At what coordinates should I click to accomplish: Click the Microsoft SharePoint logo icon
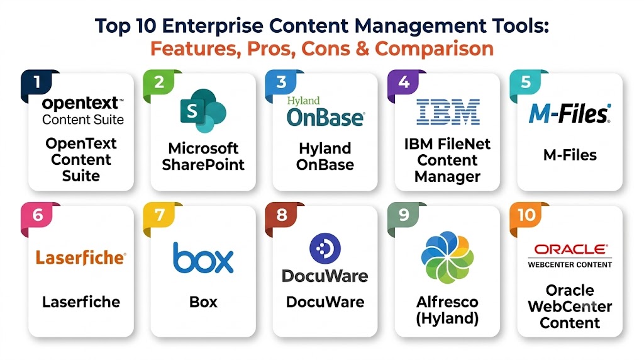(203, 111)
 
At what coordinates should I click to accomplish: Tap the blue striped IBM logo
(448, 112)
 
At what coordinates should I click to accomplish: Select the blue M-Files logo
(570, 113)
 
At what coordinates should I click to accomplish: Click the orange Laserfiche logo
(81, 257)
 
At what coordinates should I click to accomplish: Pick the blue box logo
(203, 257)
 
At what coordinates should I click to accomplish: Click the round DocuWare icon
(325, 248)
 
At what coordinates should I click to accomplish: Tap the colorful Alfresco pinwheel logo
(447, 257)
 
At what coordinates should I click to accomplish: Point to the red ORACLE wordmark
(570, 249)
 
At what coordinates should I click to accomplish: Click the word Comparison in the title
(434, 48)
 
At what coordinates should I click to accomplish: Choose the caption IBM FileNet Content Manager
(447, 160)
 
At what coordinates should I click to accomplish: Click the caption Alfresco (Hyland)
(447, 310)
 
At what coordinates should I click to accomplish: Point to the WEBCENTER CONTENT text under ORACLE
(570, 265)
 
